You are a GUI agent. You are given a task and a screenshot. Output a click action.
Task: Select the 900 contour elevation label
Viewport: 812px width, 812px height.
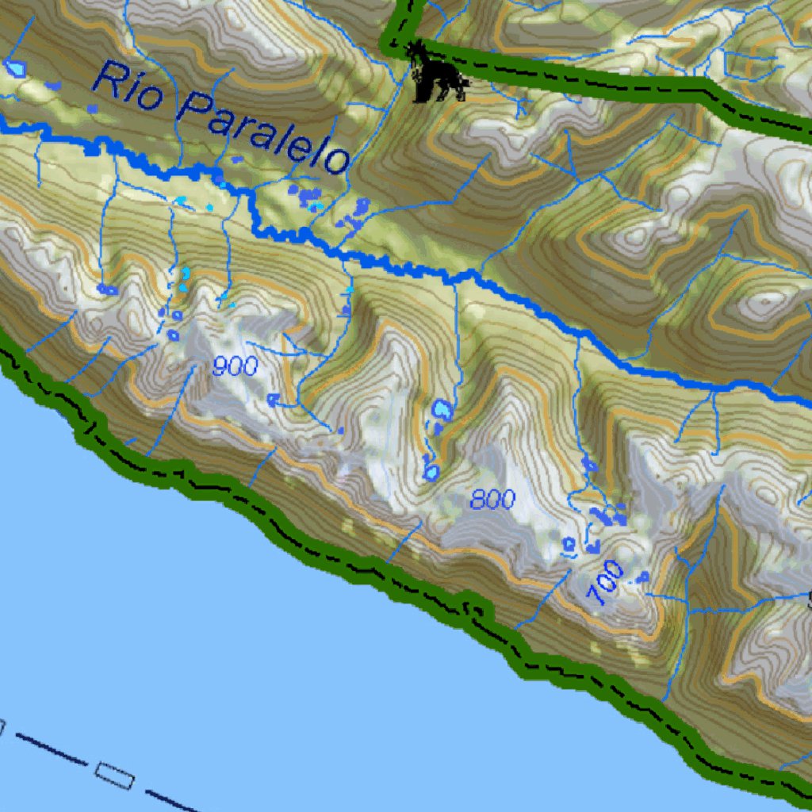(x=235, y=366)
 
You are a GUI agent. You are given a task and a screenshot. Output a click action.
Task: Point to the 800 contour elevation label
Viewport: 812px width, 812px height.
(x=492, y=500)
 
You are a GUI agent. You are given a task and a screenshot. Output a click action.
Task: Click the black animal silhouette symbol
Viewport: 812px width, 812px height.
(x=437, y=76)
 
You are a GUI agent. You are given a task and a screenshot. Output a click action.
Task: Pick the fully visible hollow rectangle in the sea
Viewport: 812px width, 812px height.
(x=114, y=775)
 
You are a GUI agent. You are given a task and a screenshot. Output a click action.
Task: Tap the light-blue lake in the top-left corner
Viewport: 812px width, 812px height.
(x=15, y=68)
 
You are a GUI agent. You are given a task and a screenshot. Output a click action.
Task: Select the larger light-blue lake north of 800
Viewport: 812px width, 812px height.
(x=442, y=410)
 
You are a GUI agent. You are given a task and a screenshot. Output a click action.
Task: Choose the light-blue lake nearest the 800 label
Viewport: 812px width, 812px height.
(x=431, y=473)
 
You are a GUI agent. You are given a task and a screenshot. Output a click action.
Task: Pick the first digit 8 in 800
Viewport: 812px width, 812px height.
(x=479, y=500)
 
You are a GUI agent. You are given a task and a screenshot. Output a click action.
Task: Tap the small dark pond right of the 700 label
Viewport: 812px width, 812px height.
(x=642, y=576)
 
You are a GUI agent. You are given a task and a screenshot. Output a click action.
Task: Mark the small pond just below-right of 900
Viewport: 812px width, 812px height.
(x=274, y=399)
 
